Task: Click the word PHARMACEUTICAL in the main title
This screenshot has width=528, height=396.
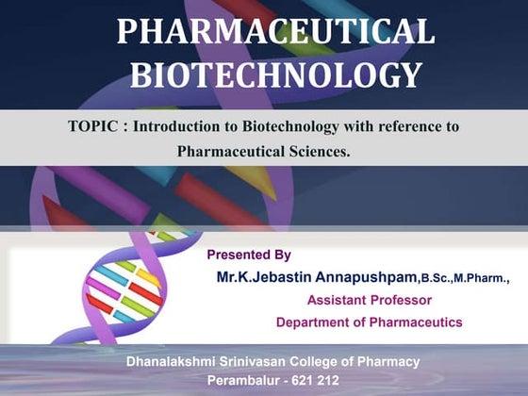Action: tap(275, 32)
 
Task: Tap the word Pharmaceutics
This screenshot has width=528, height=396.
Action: tap(416, 322)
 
